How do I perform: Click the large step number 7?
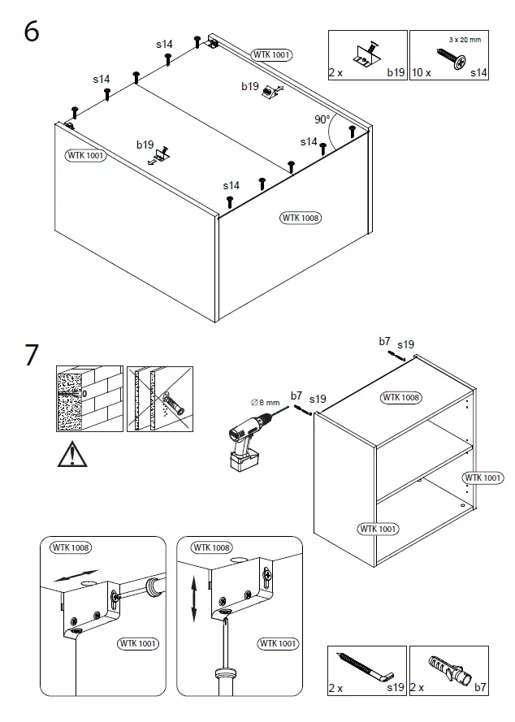(31, 356)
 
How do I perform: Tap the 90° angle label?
(322, 119)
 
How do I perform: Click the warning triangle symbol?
(72, 455)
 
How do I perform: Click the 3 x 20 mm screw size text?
(465, 39)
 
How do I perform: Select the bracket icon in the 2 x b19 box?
(366, 54)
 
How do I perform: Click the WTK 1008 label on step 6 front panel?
(301, 218)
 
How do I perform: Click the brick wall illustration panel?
(89, 398)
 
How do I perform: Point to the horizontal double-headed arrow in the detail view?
(73, 577)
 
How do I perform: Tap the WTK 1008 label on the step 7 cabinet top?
(400, 397)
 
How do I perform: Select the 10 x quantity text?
(421, 73)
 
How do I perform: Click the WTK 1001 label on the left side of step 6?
(86, 155)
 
